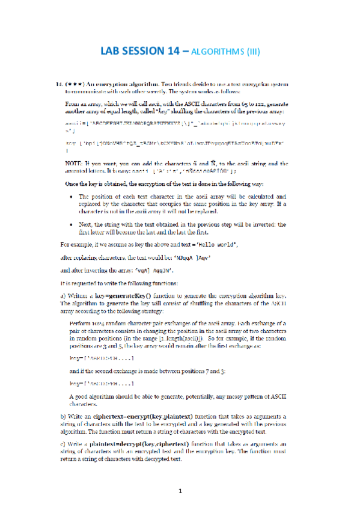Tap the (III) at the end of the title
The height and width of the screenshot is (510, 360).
[251, 52]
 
